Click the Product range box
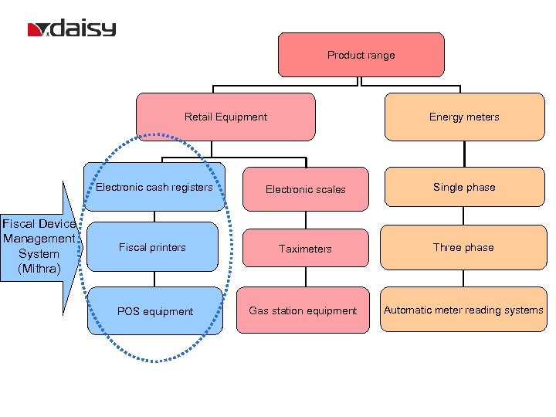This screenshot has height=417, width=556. coord(361,55)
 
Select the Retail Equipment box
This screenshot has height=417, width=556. coord(225,117)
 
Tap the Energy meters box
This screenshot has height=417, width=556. coord(464,117)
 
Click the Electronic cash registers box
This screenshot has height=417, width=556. coord(154,187)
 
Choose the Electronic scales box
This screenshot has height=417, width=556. coord(306,189)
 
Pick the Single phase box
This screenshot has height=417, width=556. coord(464,187)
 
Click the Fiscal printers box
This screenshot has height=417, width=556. coord(152,247)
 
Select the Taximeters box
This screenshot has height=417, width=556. coord(306,249)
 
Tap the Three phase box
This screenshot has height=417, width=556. coord(463,247)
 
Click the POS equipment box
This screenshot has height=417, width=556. coord(155,311)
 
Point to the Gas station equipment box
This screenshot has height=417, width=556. coord(303,310)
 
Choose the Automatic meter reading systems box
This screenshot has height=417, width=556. coord(463,310)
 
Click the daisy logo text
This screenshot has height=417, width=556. coord(84,29)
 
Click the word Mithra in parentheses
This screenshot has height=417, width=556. coord(39,268)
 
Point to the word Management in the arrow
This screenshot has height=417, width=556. coord(39,239)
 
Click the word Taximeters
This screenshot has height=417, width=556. coord(306,249)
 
